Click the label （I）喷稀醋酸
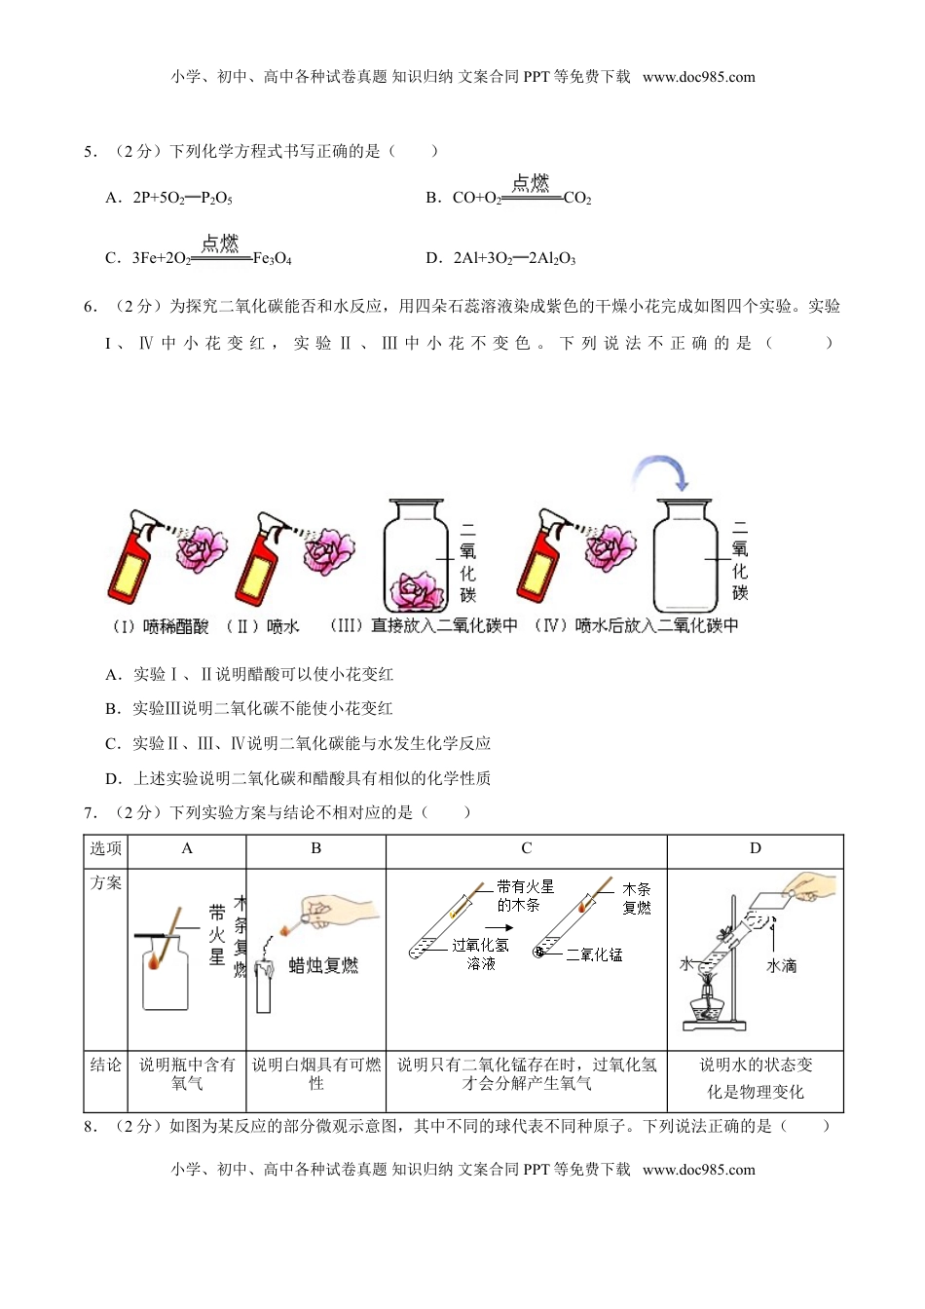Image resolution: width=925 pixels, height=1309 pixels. pos(160,626)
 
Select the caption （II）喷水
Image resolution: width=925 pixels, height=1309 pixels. pos(263,626)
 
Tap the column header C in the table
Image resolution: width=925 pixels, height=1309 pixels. pos(526,848)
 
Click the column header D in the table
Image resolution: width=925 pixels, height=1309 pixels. pos(755,848)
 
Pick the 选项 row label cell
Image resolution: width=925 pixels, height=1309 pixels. pos(105,848)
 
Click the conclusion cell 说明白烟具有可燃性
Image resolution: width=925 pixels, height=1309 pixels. pos(315,1074)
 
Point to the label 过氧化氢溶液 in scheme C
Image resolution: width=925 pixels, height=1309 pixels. pos(480,954)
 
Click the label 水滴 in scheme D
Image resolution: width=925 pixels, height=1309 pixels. pos(782,965)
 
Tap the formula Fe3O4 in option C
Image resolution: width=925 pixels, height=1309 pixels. pos(272,258)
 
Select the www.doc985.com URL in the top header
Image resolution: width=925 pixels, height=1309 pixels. pos(698,77)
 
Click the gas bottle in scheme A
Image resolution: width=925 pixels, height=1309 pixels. pos(165,974)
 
